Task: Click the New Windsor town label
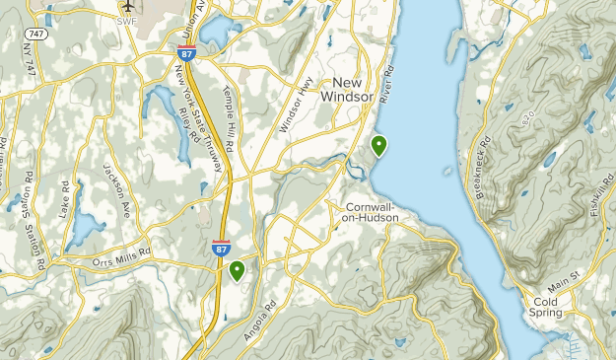point(368,90)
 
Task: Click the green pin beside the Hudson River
point(378,147)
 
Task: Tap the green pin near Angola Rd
point(237,270)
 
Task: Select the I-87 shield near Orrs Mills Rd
point(222,248)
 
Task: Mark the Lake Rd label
point(65,197)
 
